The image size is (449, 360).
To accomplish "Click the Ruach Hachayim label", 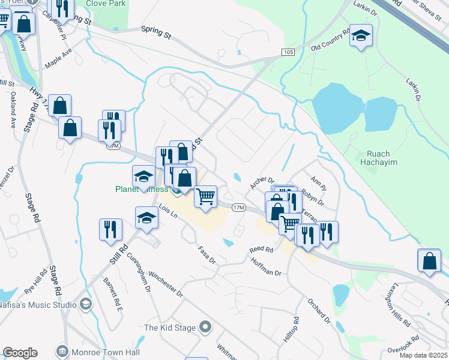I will [376, 157].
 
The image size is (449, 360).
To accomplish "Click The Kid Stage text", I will [170, 328].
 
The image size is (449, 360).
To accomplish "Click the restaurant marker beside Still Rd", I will [110, 230].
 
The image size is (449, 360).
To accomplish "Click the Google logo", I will [20, 353].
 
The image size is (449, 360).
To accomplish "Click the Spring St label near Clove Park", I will [156, 32].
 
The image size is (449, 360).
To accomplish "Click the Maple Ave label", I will [58, 62].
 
